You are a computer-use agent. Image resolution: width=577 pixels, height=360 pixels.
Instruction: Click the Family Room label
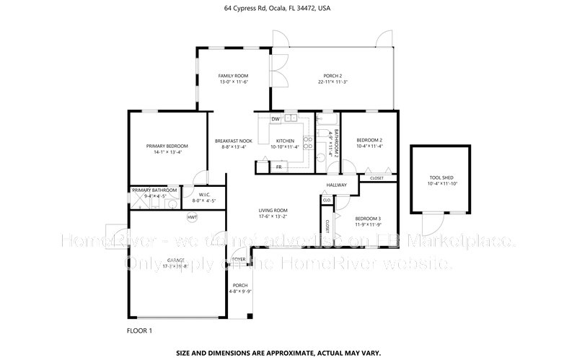click(x=233, y=76)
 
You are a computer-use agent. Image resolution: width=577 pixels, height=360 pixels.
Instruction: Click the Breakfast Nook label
click(x=233, y=141)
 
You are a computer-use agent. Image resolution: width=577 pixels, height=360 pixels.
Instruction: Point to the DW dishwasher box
click(x=276, y=119)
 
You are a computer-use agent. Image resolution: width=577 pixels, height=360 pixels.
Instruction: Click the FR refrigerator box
click(x=278, y=167)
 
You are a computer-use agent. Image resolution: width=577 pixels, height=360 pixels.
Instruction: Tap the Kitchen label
click(x=285, y=141)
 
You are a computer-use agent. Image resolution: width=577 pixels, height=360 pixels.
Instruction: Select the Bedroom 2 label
click(x=369, y=140)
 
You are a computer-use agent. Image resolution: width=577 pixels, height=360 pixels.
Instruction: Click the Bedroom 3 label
click(x=369, y=218)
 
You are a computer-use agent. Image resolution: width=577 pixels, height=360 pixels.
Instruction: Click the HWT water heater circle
click(x=193, y=216)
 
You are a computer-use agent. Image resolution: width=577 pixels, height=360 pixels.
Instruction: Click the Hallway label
click(x=337, y=185)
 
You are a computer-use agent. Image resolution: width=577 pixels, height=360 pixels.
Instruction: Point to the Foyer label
click(x=239, y=259)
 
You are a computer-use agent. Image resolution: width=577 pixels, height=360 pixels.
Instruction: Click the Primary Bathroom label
click(x=154, y=190)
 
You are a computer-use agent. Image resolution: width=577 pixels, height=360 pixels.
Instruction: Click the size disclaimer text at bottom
click(x=288, y=354)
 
